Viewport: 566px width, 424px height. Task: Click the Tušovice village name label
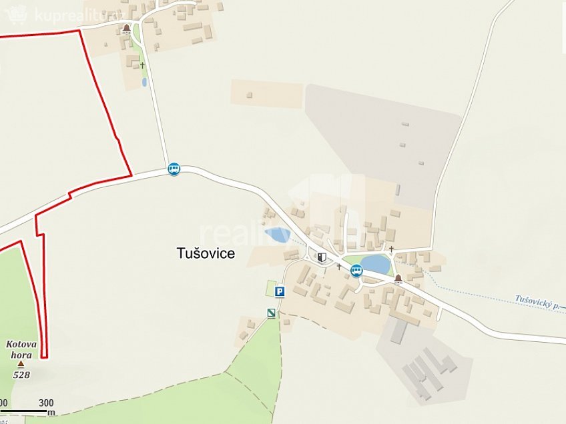click(x=206, y=253)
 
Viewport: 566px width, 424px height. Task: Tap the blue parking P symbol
click(x=280, y=291)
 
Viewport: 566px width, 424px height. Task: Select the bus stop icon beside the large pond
click(x=356, y=270)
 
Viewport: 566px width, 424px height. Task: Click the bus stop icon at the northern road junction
click(x=174, y=169)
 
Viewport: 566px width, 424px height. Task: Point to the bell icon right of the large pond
click(x=398, y=278)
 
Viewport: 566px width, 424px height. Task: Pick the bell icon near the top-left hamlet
click(x=126, y=28)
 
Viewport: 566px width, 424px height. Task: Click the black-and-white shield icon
click(x=322, y=257)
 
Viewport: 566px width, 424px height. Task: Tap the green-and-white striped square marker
click(x=271, y=313)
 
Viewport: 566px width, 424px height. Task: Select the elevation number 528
click(x=21, y=375)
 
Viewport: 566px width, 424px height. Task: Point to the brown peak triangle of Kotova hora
click(x=21, y=364)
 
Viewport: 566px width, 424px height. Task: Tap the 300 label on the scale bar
click(x=46, y=403)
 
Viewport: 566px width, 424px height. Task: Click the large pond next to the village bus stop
click(x=376, y=265)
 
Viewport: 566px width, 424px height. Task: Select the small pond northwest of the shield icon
click(x=278, y=235)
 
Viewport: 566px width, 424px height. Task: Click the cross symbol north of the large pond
click(x=391, y=249)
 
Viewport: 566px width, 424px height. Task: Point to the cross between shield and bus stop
click(x=339, y=267)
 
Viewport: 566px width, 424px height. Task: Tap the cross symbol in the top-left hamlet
click(x=142, y=65)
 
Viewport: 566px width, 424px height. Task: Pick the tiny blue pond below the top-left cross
click(x=144, y=83)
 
